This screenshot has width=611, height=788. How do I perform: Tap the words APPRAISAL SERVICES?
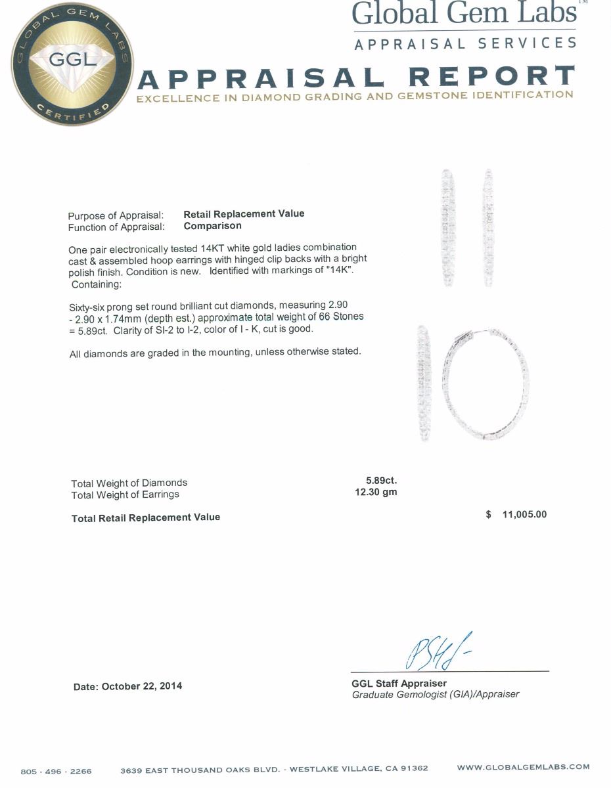tap(465, 44)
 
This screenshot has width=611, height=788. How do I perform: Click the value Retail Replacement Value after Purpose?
tap(244, 214)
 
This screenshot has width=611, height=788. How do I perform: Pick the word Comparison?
tap(212, 226)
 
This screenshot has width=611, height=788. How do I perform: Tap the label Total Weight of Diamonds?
tap(129, 483)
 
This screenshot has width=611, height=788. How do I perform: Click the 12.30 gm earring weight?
tap(376, 492)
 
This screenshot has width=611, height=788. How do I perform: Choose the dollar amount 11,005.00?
tap(524, 514)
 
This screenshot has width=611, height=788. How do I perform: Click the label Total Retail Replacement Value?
tap(146, 517)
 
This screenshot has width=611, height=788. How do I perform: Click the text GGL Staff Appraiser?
tap(399, 683)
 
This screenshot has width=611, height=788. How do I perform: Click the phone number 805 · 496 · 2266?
tap(57, 771)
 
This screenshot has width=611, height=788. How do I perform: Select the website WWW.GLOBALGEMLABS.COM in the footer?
tap(523, 767)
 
